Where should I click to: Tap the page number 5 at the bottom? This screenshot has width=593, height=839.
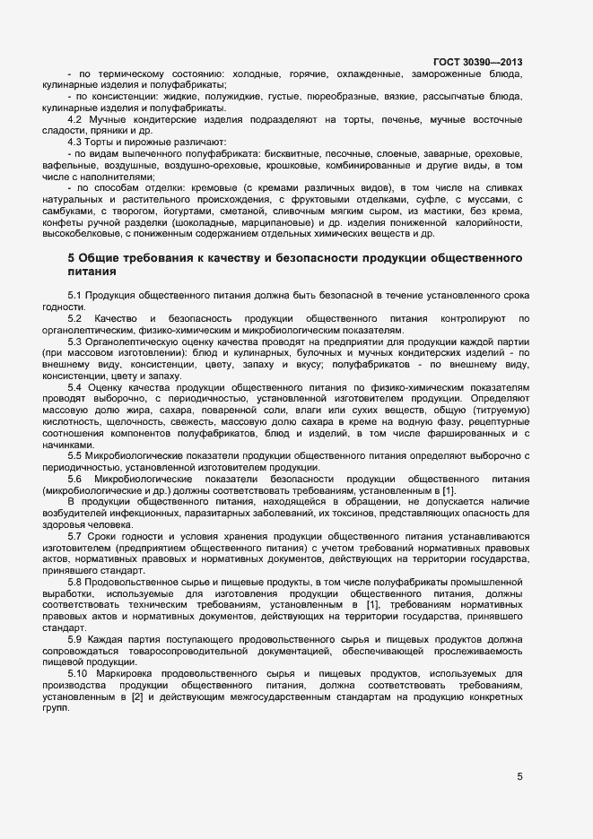[x=519, y=776]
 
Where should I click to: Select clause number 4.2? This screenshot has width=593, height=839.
[x=75, y=119]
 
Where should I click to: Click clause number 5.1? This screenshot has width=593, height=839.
[x=75, y=295]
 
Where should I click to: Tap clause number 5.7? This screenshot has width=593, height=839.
[x=75, y=536]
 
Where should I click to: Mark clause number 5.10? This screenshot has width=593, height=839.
[x=78, y=673]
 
